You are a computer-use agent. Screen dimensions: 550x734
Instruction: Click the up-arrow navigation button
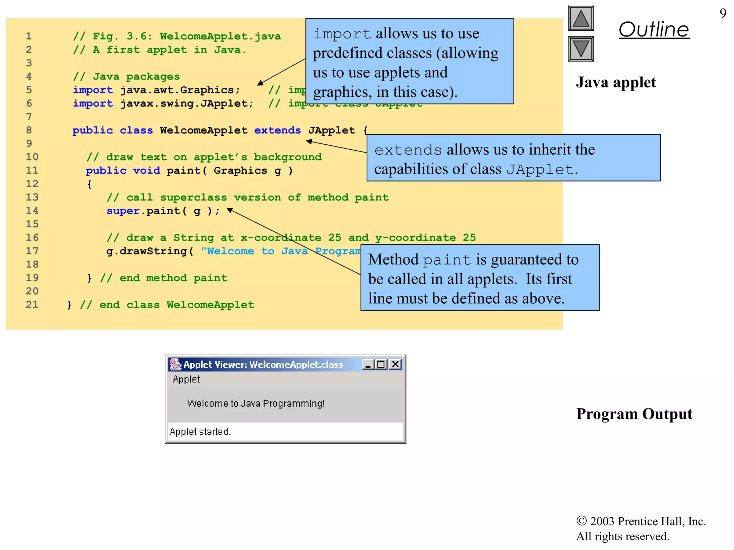(x=581, y=19)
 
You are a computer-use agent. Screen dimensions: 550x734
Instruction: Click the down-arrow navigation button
(x=581, y=49)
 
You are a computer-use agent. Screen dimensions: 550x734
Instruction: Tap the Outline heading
(x=654, y=29)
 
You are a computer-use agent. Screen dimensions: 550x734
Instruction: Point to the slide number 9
(x=723, y=14)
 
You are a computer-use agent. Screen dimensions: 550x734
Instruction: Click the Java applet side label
(x=616, y=82)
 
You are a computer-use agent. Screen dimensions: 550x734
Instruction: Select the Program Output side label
(x=634, y=414)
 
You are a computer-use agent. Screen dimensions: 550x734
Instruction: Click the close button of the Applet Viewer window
(x=395, y=365)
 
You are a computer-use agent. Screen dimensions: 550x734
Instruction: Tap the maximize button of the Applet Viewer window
(x=381, y=365)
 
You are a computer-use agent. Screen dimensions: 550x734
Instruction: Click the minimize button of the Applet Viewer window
(x=368, y=365)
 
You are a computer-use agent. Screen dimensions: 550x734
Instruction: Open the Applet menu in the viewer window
(x=186, y=379)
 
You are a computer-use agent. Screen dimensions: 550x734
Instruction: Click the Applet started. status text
(x=200, y=432)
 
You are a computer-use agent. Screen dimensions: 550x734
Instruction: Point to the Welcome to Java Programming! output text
(x=256, y=404)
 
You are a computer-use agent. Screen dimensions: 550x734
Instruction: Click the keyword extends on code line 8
(x=277, y=130)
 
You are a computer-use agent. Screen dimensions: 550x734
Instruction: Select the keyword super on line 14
(x=123, y=211)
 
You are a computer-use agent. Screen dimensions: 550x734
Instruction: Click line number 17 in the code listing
(x=32, y=251)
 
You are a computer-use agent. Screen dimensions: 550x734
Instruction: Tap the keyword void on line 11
(x=147, y=170)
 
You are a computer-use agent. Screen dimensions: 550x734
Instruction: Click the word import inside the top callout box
(x=342, y=34)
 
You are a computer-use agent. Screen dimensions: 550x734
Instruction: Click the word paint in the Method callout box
(x=447, y=260)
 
